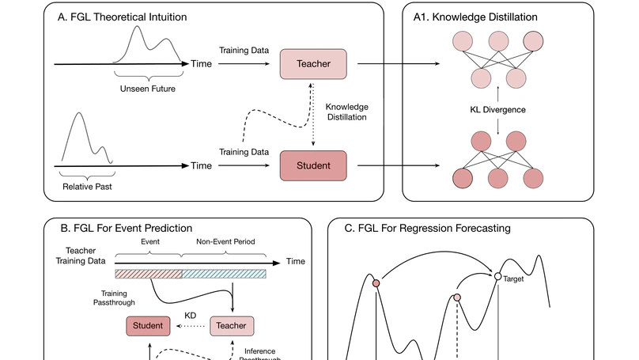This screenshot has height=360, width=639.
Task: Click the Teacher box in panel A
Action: pos(313,63)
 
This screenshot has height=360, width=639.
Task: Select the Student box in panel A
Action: pos(313,165)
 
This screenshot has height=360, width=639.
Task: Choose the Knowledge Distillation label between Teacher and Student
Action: pos(347,112)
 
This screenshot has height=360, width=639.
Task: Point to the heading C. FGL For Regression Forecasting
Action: pos(427,228)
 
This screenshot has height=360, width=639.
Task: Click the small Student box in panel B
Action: pos(147,324)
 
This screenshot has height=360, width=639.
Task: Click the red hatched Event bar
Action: pos(148,274)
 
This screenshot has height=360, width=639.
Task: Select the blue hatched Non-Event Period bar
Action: pos(224,274)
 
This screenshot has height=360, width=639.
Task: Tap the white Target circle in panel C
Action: pos(497,276)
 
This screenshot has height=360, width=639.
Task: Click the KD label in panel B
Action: pos(190,315)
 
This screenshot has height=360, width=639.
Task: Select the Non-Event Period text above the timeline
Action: pos(225,241)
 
